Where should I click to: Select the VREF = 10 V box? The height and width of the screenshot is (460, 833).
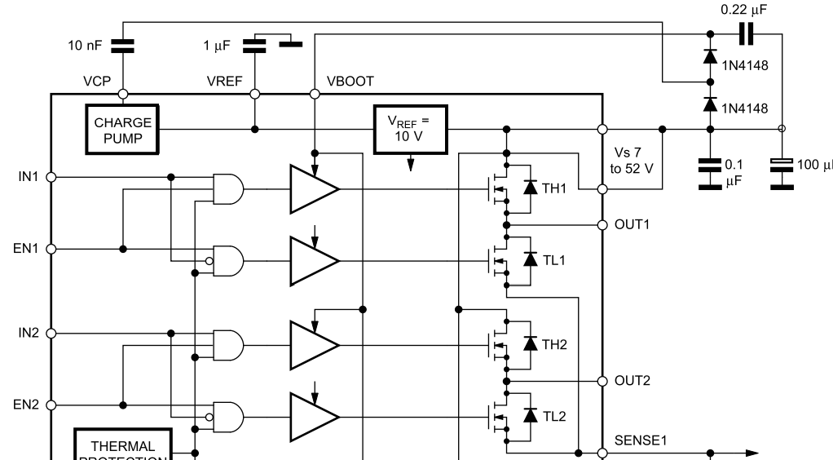coord(411,129)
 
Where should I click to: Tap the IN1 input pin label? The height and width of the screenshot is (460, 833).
coord(29,176)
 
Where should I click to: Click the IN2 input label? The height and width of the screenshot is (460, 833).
coord(29,333)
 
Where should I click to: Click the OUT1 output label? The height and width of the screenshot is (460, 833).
coord(632,224)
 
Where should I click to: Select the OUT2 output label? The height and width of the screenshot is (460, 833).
coord(632,380)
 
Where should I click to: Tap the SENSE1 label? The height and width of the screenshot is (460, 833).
coord(640,440)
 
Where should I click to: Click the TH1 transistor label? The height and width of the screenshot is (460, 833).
coord(556,188)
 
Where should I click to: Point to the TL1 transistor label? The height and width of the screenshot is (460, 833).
coord(555,259)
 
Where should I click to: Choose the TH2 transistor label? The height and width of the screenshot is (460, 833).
coord(556,344)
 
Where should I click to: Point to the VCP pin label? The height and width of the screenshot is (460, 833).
coord(96,82)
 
